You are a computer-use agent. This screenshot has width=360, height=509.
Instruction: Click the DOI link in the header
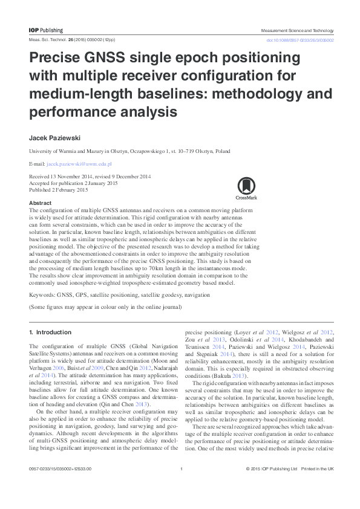300,40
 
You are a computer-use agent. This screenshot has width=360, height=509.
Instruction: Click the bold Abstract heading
40,203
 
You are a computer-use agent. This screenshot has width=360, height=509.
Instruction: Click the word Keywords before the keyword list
42,296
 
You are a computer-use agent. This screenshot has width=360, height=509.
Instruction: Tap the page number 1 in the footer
182,486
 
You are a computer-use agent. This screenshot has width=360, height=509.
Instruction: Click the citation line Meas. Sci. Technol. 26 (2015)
70,40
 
